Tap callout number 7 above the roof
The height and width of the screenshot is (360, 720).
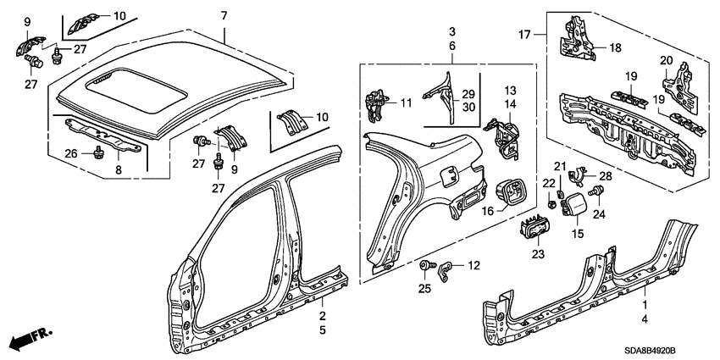(x=224, y=16)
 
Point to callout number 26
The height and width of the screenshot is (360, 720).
(x=70, y=153)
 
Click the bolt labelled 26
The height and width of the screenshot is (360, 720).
(x=97, y=152)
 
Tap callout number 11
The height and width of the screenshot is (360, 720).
(x=406, y=102)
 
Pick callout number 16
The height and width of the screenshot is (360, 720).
(x=489, y=211)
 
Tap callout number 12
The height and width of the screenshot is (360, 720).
(x=474, y=265)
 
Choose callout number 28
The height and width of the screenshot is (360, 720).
(x=606, y=175)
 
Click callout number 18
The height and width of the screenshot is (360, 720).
(x=615, y=47)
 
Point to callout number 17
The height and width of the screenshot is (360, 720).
(x=525, y=35)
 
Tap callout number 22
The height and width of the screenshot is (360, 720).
(x=549, y=183)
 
